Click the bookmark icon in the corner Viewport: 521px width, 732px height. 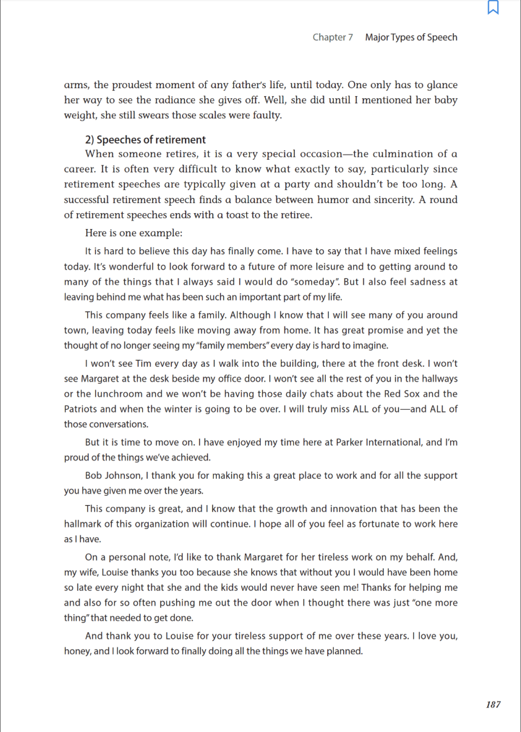click(493, 7)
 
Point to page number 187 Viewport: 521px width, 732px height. click(493, 704)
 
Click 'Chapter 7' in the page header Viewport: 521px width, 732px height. click(332, 37)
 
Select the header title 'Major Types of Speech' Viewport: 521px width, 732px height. click(411, 37)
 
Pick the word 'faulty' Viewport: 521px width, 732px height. click(266, 115)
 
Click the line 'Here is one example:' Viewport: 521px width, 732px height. click(134, 233)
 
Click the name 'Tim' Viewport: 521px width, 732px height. click(143, 364)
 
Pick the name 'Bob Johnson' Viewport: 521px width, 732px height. click(113, 476)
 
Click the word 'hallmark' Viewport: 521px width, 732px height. click(82, 524)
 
